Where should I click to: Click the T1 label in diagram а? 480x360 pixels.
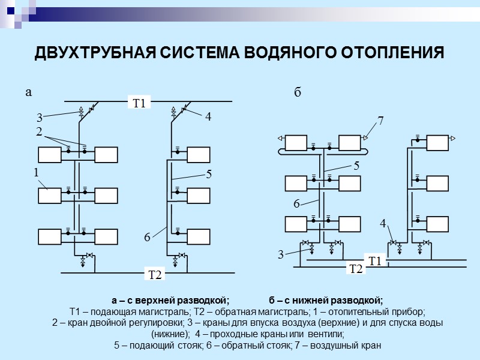(139, 104)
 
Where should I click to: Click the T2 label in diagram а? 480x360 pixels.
(155, 275)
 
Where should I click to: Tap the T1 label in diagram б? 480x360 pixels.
(376, 261)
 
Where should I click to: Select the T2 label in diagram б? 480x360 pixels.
(356, 269)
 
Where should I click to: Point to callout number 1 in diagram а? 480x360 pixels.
(37, 172)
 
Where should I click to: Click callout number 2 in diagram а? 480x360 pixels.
(38, 131)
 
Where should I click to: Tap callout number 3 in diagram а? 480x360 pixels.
(39, 118)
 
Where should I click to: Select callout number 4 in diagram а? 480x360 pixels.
(208, 118)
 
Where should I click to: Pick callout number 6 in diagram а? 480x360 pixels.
(146, 238)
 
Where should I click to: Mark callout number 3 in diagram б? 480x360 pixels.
(280, 255)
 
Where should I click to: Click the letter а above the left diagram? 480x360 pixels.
(28, 92)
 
